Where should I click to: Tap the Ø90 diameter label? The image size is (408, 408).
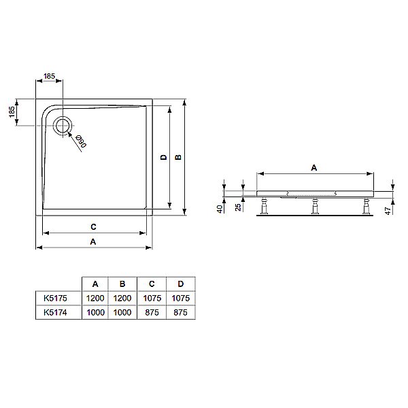click(80, 141)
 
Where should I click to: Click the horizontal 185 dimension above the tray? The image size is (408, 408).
click(50, 78)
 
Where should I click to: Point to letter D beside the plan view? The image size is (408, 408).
click(163, 158)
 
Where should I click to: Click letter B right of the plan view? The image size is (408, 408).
click(178, 158)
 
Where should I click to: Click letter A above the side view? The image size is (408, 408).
click(313, 167)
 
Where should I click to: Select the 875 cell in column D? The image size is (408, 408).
click(180, 312)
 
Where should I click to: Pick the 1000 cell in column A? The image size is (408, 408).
click(95, 312)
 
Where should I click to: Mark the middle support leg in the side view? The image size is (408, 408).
click(314, 205)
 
